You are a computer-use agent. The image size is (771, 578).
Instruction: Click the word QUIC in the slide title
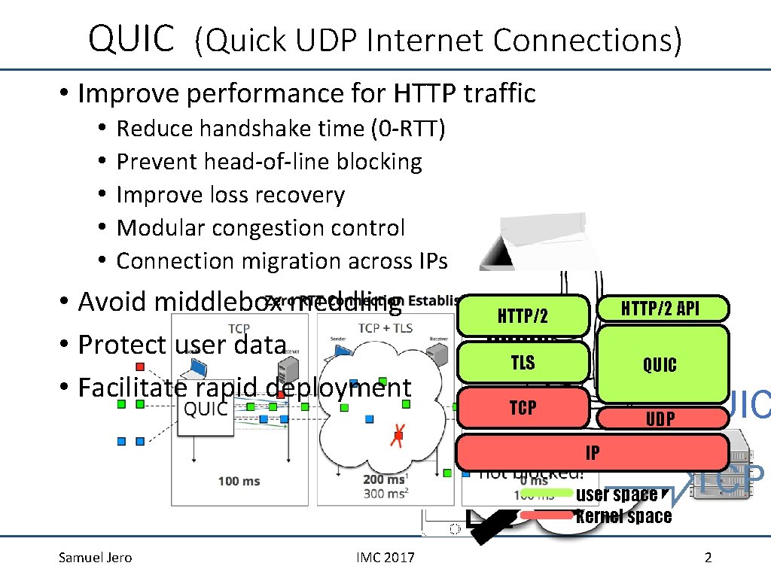131,38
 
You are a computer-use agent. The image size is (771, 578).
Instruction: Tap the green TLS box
523,363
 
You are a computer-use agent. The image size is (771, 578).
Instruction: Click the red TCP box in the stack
523,408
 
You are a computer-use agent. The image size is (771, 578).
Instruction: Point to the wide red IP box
593,452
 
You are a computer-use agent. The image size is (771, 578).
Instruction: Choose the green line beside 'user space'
547,494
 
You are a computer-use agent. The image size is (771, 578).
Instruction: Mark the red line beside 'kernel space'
547,516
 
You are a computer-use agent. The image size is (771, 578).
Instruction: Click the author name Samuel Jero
95,558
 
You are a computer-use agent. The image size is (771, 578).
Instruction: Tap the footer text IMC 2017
385,558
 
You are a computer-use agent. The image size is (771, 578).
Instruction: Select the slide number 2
707,558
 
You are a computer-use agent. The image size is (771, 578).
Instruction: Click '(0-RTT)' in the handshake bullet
409,129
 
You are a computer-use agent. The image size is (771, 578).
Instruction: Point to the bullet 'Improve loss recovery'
230,195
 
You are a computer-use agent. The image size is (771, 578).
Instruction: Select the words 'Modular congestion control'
261,228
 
